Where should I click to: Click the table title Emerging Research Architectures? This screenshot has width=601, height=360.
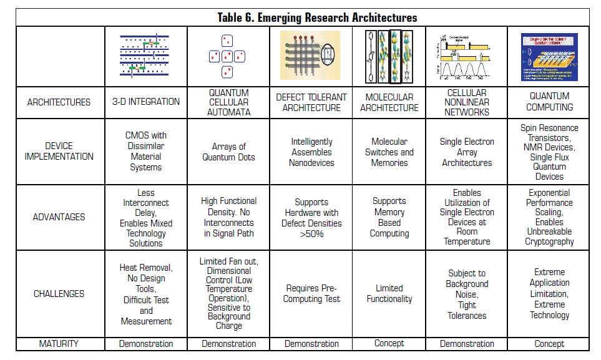coord(317,17)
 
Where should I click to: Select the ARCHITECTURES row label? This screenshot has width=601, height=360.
coord(59,102)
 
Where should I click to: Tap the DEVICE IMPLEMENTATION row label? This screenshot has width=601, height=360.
coord(59,151)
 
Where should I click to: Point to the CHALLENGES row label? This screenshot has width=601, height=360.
coord(59,294)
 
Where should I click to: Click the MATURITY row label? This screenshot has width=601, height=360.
coord(59,343)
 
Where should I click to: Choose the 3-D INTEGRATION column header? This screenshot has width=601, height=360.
coord(146,102)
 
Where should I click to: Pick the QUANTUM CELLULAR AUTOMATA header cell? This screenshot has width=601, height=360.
coord(229,102)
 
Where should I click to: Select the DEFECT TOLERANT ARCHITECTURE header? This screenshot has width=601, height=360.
coord(311,102)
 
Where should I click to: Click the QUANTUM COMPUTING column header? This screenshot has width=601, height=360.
coord(549,102)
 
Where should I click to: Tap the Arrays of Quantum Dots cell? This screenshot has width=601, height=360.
coord(229,152)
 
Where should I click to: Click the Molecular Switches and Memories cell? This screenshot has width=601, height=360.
coord(389,152)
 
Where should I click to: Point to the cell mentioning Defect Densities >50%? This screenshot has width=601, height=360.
coord(311,217)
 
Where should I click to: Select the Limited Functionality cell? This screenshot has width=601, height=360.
coord(389,294)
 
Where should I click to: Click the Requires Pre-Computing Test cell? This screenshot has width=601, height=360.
coord(311,294)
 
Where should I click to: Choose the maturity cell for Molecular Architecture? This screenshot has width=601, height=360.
coord(389,343)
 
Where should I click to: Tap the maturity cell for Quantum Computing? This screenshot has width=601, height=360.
coord(549,343)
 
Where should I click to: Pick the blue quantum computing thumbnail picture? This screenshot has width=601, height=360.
coord(549,57)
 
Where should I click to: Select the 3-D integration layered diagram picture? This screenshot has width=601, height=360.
coord(145,56)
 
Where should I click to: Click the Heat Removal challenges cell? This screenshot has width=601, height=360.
coord(146,294)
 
